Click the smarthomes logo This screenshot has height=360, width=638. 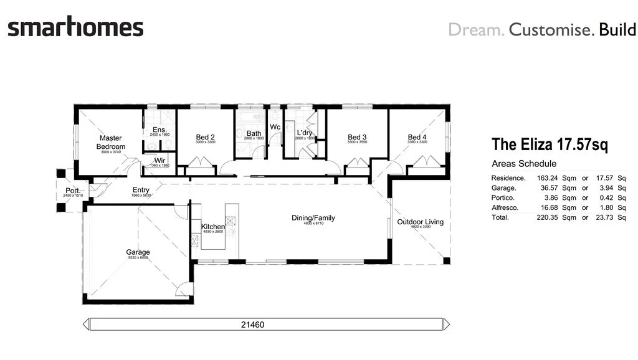(75, 28)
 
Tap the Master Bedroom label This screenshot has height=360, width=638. (110, 143)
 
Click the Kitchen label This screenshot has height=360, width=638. (212, 227)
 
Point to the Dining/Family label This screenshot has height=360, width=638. (313, 218)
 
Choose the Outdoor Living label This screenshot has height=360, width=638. (421, 222)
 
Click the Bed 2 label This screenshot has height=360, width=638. (206, 138)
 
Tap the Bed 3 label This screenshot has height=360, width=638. (357, 138)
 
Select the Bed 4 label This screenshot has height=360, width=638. (417, 138)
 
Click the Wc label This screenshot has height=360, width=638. (275, 127)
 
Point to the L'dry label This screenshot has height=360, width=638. (304, 133)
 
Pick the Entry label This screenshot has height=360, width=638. (141, 191)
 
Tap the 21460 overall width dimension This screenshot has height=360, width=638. (266, 324)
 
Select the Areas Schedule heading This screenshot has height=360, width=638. (524, 164)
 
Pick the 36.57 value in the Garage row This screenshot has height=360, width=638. (548, 188)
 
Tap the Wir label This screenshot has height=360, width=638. (160, 161)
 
